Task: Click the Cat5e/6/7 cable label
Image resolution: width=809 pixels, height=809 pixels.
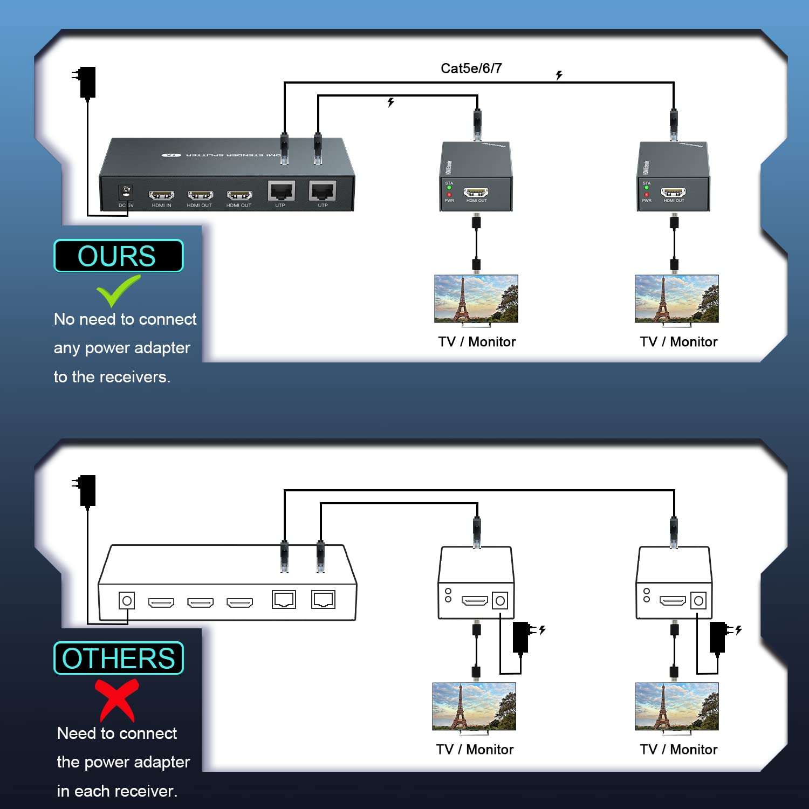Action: point(471,68)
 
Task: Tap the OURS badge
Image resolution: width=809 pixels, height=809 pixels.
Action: point(118,256)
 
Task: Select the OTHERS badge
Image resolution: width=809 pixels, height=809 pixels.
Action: point(119,658)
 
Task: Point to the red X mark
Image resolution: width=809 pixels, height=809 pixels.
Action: point(116,700)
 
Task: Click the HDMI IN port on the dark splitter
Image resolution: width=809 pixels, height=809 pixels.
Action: point(161,195)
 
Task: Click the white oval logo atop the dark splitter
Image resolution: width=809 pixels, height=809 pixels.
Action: point(171,155)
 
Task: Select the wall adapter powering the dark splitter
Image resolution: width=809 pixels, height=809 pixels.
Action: point(86,82)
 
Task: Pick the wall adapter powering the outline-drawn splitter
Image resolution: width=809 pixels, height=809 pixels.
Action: point(86,490)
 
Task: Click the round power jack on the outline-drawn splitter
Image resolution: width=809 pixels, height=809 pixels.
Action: point(127,600)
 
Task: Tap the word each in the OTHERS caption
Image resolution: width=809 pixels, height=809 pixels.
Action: point(90,791)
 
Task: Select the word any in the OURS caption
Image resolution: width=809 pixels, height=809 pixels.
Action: point(67,348)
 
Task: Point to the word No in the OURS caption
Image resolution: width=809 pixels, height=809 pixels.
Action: point(64,319)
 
